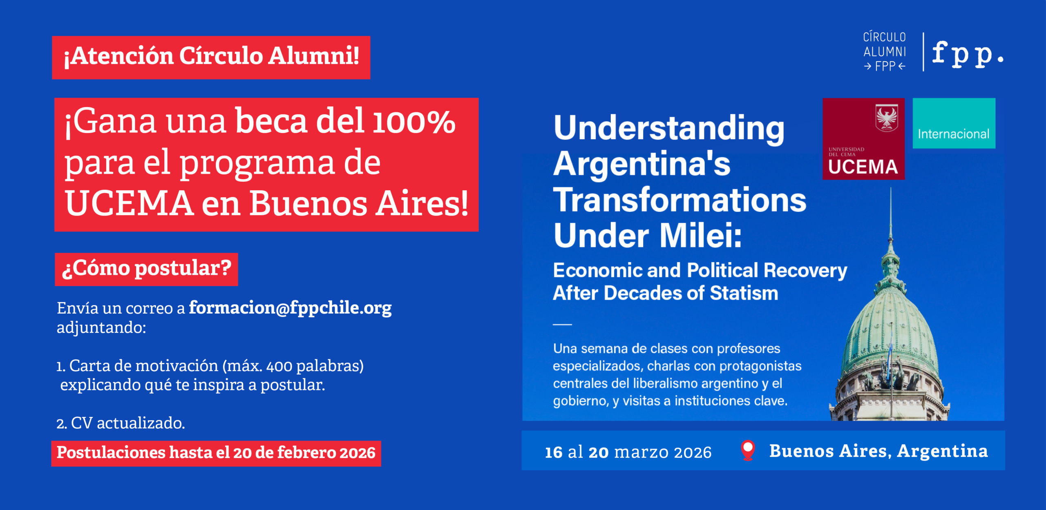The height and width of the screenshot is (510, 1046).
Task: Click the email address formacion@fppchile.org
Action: tap(290, 308)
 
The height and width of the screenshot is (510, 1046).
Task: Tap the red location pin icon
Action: tap(748, 450)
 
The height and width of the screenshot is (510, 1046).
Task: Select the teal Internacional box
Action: tap(954, 123)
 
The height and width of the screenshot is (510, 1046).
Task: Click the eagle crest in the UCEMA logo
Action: tap(887, 118)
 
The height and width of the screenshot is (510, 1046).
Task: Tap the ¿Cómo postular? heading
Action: tap(146, 269)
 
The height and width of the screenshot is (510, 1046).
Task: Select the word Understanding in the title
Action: tap(669, 128)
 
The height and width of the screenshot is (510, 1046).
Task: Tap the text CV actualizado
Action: tap(127, 423)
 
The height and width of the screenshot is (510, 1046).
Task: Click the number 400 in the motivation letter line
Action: tap(279, 366)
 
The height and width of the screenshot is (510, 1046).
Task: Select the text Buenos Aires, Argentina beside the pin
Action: tap(878, 451)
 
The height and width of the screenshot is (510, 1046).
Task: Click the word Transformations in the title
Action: tap(679, 200)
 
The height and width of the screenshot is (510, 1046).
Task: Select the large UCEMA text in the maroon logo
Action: tap(863, 167)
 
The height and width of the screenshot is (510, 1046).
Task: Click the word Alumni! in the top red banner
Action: tap(313, 56)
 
